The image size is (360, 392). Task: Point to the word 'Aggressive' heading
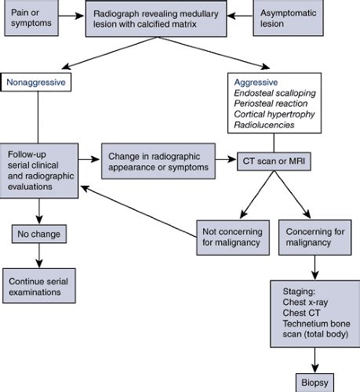pos(256,82)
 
